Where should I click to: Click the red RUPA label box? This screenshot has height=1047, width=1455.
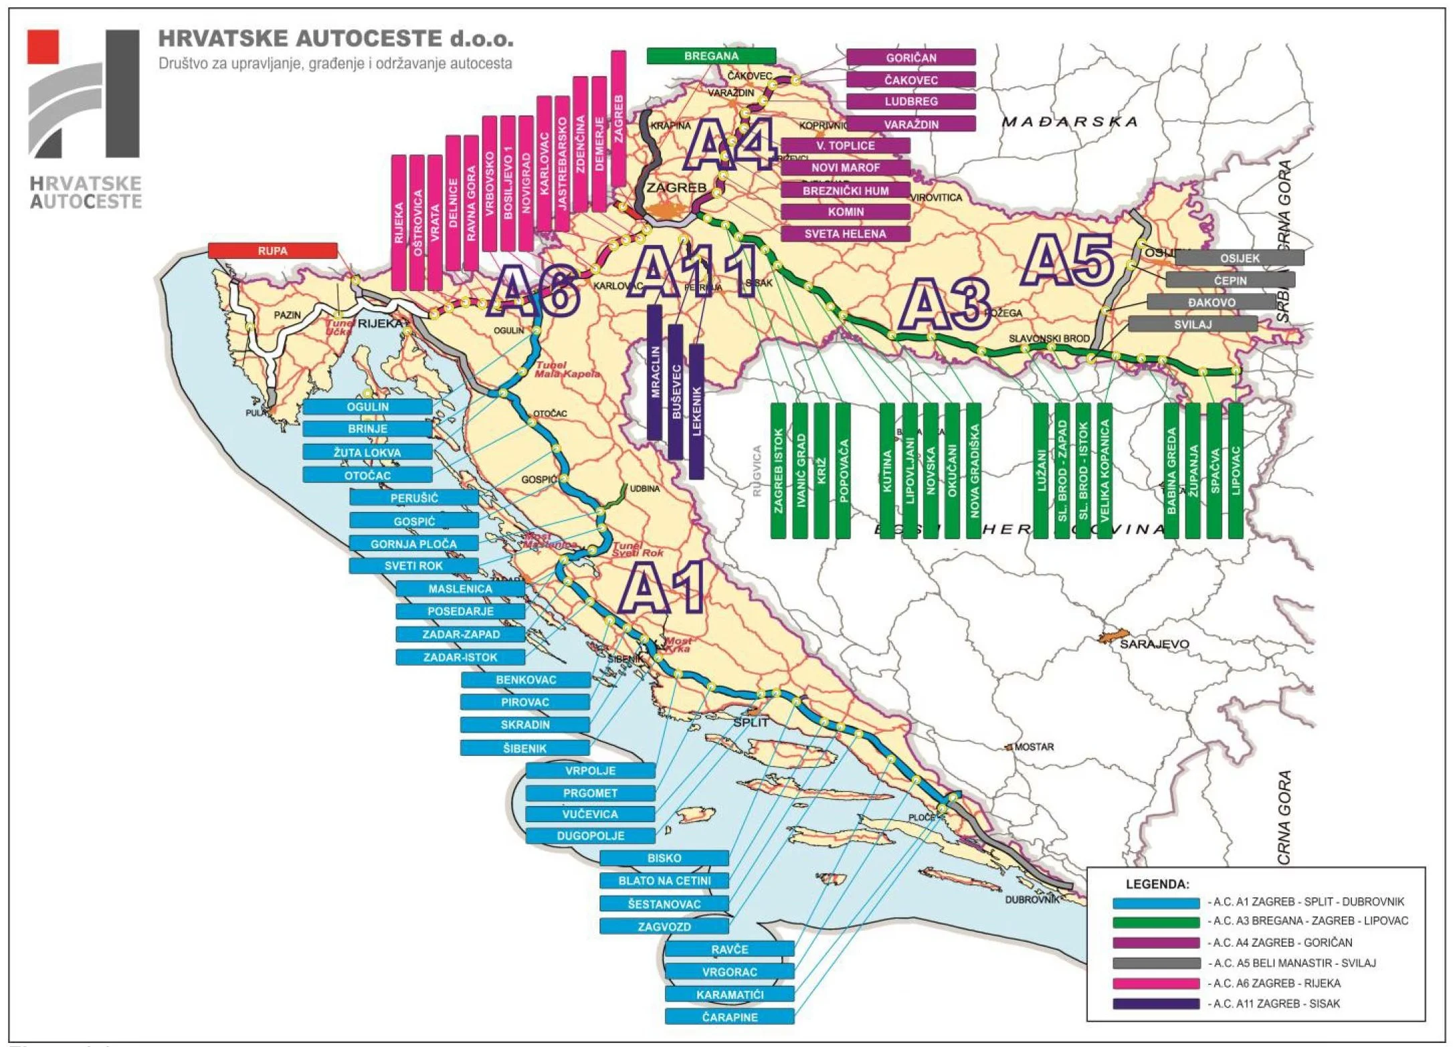(x=272, y=251)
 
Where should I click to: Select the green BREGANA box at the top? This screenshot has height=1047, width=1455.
(x=710, y=56)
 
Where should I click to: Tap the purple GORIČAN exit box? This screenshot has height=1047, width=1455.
(x=910, y=58)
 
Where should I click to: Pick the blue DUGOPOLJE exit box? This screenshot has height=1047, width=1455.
(x=590, y=836)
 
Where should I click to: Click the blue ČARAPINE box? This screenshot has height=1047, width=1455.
(x=729, y=1017)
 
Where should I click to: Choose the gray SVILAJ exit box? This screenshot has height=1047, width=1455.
(x=1192, y=324)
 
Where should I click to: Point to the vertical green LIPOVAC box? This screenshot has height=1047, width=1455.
(x=1236, y=470)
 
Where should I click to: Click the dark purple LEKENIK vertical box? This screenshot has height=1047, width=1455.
(x=696, y=411)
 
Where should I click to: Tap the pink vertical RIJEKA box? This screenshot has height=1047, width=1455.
(x=399, y=223)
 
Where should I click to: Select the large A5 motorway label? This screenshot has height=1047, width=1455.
(x=1069, y=260)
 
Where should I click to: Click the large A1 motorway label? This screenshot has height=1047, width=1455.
(x=661, y=588)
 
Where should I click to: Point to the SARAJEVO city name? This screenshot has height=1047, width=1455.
(x=1154, y=644)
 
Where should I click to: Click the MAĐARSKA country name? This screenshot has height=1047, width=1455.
(x=1069, y=122)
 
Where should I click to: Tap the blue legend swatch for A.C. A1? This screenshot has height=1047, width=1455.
(x=1156, y=902)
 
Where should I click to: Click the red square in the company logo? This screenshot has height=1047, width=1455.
(x=43, y=47)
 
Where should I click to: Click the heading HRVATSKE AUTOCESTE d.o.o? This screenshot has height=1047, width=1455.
(x=336, y=39)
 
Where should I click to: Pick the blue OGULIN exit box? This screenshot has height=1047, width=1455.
(x=367, y=407)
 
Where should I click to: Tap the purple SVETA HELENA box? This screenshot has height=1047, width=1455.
(x=845, y=234)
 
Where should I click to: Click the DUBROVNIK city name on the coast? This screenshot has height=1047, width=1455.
(x=1032, y=900)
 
